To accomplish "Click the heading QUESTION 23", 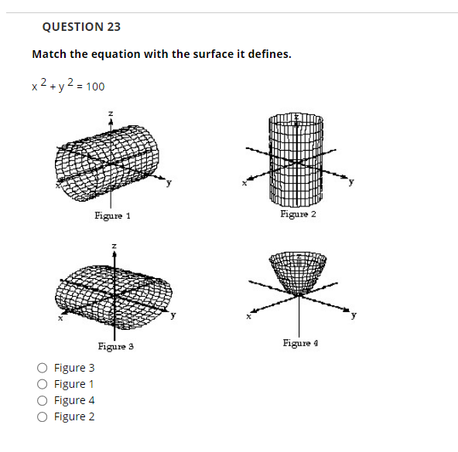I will pos(81,26).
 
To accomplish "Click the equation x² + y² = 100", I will pos(68,85).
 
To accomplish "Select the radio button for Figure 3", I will pos(43,368).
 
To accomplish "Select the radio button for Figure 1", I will pos(43,384).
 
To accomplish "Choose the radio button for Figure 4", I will pos(43,400).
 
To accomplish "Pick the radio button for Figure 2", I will pos(43,416).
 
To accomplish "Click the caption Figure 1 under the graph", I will pos(112,216).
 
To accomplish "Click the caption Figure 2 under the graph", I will pos(298,213).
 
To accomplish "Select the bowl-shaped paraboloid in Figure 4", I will pos(298,270).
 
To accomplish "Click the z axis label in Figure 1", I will pos(111,114).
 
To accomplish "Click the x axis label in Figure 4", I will pos(249,316).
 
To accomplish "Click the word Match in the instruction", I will pos(49,54).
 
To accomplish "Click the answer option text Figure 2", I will pos(75,416).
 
